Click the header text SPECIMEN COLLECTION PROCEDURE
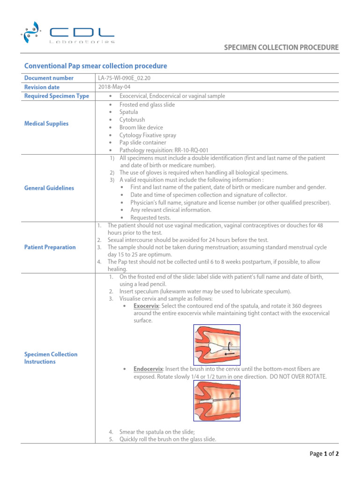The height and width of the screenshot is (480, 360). click(x=281, y=47)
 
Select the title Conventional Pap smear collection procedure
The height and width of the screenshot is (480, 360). click(x=95, y=66)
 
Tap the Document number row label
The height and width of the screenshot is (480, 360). click(x=49, y=78)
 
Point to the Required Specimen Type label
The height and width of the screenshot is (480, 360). click(x=56, y=96)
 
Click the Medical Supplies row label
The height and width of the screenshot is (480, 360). click(x=46, y=124)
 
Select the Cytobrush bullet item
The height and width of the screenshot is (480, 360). click(x=132, y=120)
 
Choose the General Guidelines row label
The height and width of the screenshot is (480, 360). click(x=49, y=188)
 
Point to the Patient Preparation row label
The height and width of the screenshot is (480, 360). click(x=50, y=247)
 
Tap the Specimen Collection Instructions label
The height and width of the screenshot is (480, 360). click(x=51, y=358)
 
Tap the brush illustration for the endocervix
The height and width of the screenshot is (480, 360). click(x=217, y=400)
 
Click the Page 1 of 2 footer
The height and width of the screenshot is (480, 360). click(x=324, y=454)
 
